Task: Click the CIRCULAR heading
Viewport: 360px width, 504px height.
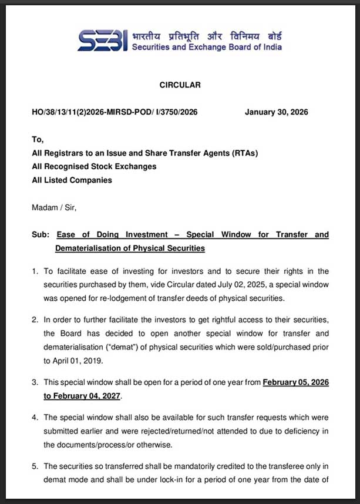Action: coord(180,85)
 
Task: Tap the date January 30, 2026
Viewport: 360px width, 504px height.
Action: coord(275,113)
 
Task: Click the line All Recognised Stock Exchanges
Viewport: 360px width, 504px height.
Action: coord(94,167)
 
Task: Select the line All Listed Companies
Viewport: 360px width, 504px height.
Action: coord(72,180)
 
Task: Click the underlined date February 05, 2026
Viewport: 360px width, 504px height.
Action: coord(295,382)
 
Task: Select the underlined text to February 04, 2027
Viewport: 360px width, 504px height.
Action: coord(82,397)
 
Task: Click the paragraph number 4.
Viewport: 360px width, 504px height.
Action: coord(35,418)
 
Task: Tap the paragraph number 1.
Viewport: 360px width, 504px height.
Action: coord(35,271)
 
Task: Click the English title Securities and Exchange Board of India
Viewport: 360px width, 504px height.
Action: coord(207,48)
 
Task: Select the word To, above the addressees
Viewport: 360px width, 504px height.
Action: coord(38,140)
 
